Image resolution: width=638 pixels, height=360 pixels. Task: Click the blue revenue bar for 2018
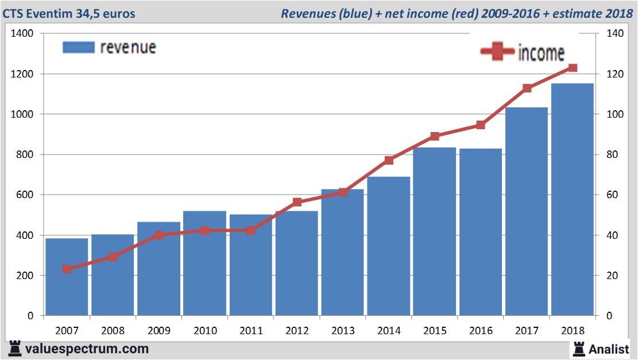(572, 201)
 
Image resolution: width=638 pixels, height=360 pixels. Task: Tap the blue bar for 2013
(342, 253)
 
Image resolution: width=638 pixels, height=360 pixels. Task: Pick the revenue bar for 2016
(480, 233)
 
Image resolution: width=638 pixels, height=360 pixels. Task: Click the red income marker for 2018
(572, 68)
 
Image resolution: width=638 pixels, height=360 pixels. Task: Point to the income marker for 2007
(67, 269)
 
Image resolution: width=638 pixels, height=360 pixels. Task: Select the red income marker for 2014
(388, 160)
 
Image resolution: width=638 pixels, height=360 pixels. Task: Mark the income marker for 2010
(204, 230)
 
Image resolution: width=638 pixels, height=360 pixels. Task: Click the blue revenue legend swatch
(78, 47)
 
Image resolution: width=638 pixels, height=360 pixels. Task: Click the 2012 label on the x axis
(296, 331)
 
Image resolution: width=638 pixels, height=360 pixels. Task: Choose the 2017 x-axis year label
(526, 331)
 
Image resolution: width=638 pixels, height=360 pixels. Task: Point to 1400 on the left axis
(23, 34)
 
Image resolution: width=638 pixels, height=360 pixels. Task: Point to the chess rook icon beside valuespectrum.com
(16, 348)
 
